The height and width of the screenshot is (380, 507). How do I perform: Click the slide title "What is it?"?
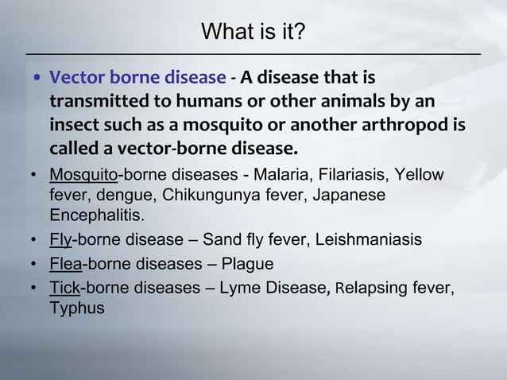click(253, 32)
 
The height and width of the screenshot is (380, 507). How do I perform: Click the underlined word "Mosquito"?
click(83, 175)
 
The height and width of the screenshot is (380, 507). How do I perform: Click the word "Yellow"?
click(421, 175)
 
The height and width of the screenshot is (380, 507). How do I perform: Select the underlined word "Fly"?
click(60, 239)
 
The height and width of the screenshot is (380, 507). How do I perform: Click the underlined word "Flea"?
click(66, 264)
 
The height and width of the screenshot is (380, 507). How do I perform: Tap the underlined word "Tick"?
click(65, 288)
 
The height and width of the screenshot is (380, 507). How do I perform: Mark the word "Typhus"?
click(77, 308)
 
